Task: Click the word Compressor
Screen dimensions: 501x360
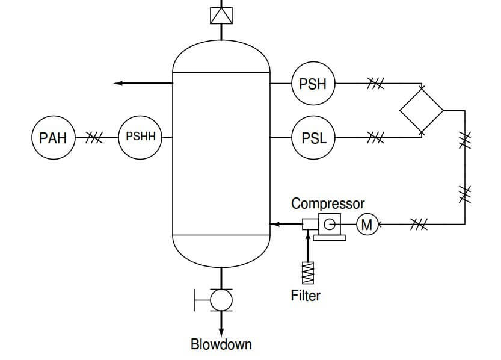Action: tap(328, 204)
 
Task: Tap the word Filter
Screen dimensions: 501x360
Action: tap(306, 295)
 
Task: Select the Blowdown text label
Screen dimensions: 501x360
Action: tap(221, 344)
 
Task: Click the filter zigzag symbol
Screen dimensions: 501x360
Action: tap(308, 273)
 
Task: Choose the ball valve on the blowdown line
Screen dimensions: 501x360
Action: tap(221, 300)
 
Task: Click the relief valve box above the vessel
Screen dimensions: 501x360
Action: tap(221, 15)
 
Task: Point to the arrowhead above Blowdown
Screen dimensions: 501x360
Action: tap(221, 332)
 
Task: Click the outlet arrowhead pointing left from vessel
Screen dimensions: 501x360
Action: tap(118, 84)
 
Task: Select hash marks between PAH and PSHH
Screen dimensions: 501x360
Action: tap(94, 137)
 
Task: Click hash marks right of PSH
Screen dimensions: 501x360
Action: tap(375, 84)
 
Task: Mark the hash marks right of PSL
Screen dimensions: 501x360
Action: tap(375, 137)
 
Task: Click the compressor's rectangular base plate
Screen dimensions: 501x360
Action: tap(330, 238)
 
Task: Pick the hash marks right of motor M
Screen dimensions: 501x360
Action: tap(419, 224)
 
